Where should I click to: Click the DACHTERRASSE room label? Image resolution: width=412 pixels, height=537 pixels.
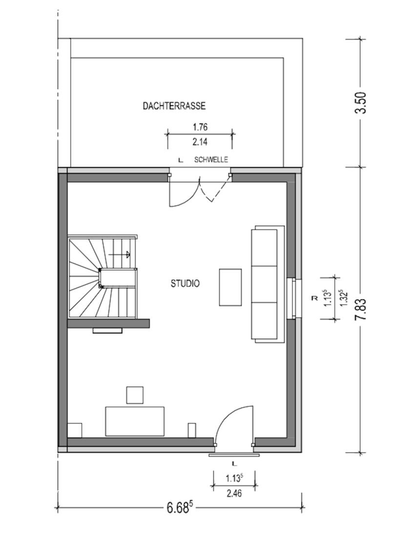174,106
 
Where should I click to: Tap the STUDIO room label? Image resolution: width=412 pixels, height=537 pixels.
185,284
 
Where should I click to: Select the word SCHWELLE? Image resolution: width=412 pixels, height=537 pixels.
211,160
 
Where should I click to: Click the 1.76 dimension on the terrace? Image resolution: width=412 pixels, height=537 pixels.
200,128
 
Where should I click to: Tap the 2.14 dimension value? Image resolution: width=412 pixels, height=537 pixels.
200,142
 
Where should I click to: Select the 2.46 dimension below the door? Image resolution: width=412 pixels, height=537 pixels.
234,494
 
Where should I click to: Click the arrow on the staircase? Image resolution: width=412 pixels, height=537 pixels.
120,254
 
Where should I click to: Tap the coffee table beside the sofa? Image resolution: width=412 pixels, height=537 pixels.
230,288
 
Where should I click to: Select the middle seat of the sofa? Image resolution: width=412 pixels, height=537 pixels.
264,284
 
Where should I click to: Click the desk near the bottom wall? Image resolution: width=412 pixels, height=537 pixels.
135,421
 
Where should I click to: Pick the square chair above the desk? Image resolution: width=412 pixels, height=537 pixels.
135,395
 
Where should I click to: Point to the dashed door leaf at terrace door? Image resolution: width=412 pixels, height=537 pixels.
215,189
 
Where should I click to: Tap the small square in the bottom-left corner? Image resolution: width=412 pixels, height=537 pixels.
75,431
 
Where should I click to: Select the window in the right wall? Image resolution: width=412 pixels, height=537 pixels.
293,298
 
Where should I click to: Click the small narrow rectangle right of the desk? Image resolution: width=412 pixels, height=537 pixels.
192,431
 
